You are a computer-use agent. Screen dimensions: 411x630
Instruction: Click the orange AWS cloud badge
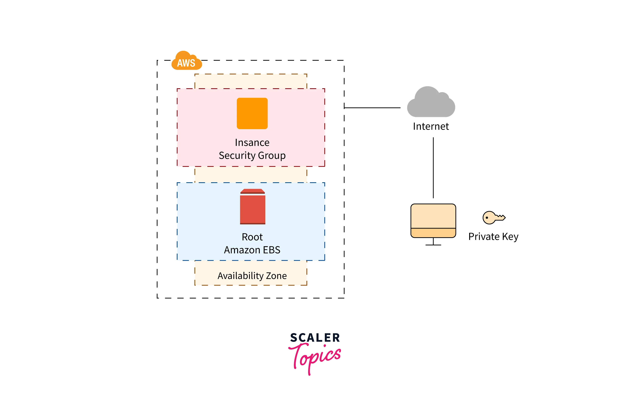tap(186, 61)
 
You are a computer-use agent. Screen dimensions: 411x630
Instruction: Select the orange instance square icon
tap(252, 113)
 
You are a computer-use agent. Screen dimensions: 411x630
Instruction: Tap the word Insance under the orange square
tap(252, 142)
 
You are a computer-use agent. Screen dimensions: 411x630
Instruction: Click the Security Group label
tap(252, 155)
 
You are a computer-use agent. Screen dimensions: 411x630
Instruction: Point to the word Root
tap(252, 237)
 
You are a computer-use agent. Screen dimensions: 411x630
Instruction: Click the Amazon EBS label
tap(252, 250)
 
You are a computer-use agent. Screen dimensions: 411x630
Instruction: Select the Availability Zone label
tap(252, 276)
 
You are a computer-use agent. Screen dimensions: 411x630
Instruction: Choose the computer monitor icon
tap(433, 221)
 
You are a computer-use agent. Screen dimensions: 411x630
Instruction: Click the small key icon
tap(493, 217)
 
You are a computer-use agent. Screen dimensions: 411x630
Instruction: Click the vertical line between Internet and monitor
tap(433, 168)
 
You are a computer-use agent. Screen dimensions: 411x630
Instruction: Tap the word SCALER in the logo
tap(315, 338)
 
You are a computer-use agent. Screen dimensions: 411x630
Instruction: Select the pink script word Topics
tap(315, 357)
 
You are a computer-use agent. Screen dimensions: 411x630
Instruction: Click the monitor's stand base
tap(433, 245)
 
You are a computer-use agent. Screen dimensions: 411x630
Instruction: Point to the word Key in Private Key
tap(510, 236)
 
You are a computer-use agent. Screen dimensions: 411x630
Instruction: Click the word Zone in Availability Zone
tap(276, 276)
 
